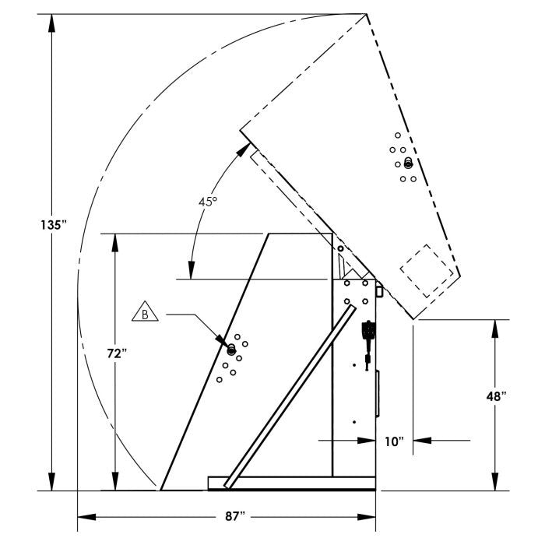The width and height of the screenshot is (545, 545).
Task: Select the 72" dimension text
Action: click(116, 353)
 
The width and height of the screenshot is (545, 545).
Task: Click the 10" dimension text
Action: click(394, 441)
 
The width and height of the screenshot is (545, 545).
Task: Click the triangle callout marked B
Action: click(145, 314)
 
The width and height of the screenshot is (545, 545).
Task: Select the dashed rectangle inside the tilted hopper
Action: click(427, 269)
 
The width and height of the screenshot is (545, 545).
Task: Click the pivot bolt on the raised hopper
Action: click(408, 163)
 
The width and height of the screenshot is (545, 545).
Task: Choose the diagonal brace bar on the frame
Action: click(290, 397)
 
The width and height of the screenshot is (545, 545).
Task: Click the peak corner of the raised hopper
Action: click(367, 14)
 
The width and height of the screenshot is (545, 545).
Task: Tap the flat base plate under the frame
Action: click(292, 483)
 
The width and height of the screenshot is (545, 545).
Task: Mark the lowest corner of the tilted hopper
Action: click(417, 319)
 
